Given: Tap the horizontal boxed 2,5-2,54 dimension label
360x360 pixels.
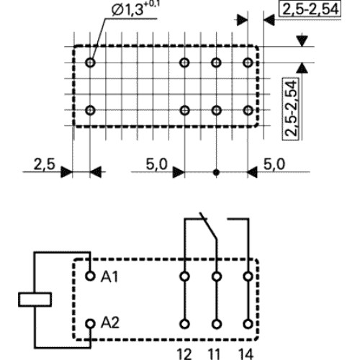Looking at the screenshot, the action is pos(310,9).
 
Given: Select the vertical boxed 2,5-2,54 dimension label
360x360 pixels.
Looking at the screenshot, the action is pos(291,109).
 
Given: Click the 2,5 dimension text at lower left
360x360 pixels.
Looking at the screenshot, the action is pos(45,164).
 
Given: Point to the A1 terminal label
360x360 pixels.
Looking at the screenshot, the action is pos(109,276).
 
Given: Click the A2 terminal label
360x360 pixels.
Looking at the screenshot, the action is pos(110,323).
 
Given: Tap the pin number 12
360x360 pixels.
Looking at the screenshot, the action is pos(184,354).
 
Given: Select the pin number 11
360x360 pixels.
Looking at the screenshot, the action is pos(214,354).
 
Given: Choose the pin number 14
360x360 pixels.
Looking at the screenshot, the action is pos(246,354).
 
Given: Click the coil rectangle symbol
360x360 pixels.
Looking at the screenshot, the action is pos(35,300).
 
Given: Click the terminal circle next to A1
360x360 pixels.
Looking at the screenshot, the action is pos(90,276).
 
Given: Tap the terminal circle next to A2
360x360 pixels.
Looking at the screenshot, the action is pos(90,324).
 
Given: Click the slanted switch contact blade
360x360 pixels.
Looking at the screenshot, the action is pos(208,225).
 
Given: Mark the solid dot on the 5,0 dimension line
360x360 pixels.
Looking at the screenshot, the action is pos(216,172).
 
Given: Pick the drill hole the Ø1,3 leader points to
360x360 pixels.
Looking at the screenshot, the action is pos(90,63).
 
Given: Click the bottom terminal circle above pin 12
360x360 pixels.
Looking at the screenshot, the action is pos(184,324).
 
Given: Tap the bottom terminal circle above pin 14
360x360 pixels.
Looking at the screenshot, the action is pos(248,324).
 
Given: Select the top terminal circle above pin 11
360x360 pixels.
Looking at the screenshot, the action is pos(217,276).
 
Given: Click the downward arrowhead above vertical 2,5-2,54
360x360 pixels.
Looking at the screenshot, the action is pos(302,41).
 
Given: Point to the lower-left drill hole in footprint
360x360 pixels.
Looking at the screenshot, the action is pos(90,110).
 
